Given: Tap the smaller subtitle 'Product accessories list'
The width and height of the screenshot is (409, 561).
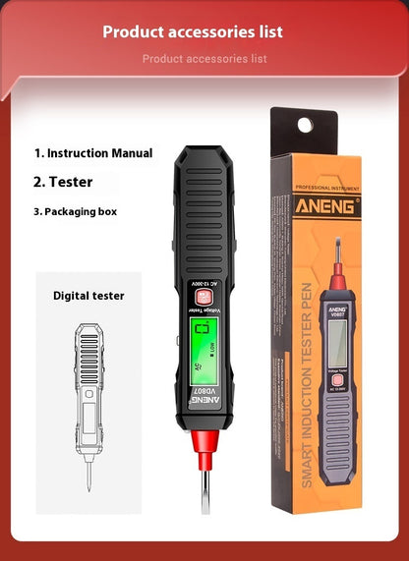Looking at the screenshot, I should coord(204,59).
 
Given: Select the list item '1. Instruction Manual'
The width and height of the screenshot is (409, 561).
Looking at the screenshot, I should coord(93,153).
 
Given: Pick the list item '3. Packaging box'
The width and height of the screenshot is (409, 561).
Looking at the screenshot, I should coord(82,210).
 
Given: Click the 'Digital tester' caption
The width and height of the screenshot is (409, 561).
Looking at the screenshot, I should coord(88,295).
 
